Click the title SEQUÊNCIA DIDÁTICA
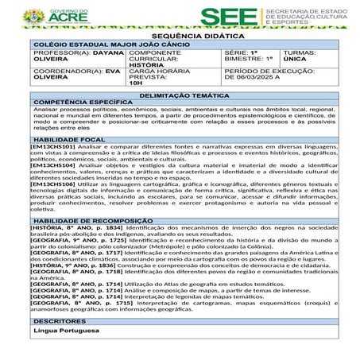(x=180, y=37)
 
